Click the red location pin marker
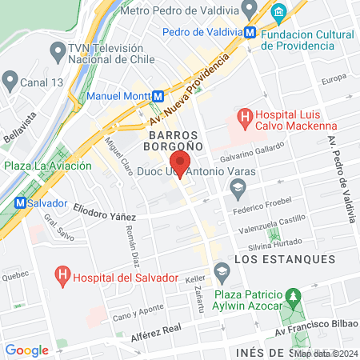[x=181, y=163]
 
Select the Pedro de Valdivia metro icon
[x=251, y=33]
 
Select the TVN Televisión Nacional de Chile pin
[x=57, y=52]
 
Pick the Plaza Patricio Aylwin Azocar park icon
[x=294, y=295]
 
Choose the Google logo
[x=27, y=350]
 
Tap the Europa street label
[x=333, y=81]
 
